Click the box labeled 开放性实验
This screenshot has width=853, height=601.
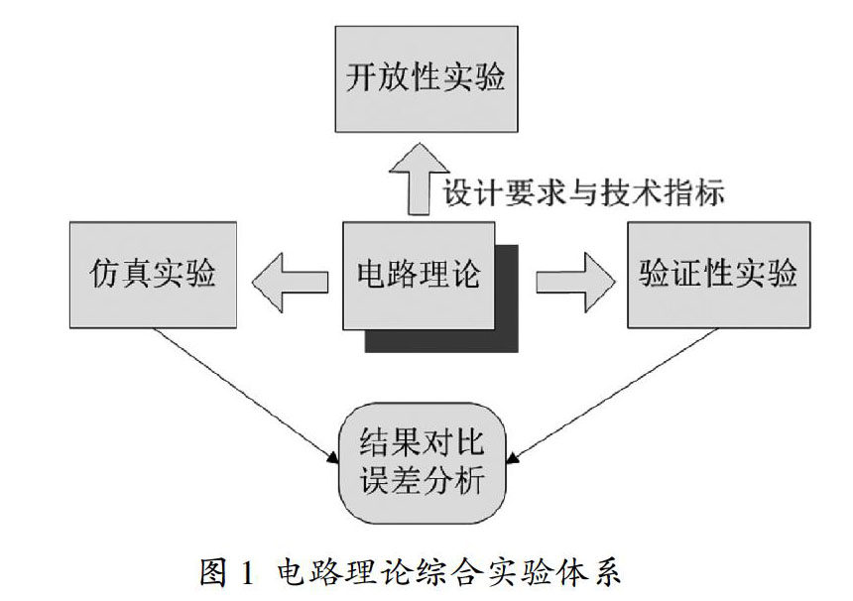coord(425,79)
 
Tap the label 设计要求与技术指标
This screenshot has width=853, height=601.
coord(583,190)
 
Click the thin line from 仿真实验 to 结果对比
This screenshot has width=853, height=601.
coord(243,393)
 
